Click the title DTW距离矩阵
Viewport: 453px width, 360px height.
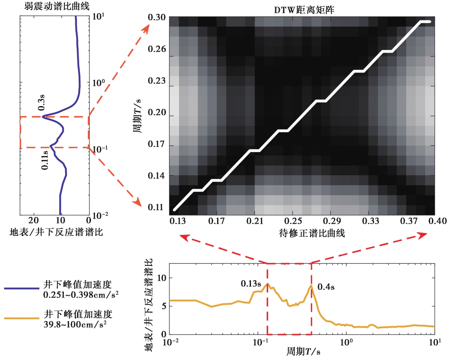304,10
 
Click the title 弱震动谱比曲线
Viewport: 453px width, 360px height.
57,6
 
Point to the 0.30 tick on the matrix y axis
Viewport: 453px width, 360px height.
157,17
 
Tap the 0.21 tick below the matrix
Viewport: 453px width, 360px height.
254,221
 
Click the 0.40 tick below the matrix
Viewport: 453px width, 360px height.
437,221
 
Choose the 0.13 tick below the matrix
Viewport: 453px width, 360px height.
177,221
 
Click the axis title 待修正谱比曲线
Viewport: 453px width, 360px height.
312,233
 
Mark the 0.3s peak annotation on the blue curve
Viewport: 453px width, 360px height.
41,103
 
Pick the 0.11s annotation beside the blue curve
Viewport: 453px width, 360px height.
45,160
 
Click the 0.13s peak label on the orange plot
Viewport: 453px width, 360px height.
251,284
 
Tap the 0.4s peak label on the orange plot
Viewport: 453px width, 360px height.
326,287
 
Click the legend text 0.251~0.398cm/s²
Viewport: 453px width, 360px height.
81,295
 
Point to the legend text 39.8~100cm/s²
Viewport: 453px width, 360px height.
75,324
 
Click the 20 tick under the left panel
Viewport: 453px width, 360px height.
33,221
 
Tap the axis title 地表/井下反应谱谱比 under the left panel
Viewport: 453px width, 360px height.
56,232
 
